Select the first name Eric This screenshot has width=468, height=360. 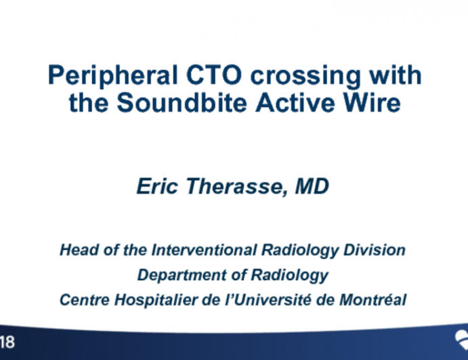[155, 187]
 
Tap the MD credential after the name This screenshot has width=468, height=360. [312, 187]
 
